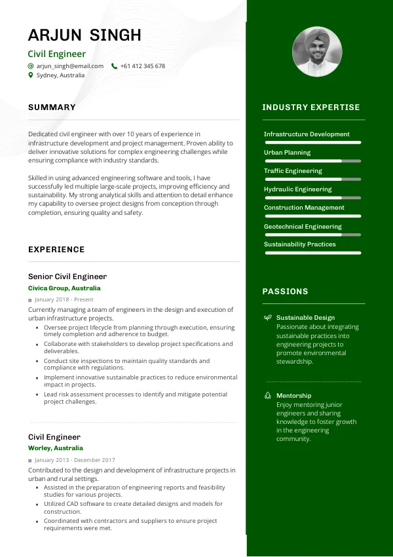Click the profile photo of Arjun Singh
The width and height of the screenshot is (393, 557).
[316, 52]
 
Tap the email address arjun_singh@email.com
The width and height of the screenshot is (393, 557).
[69, 66]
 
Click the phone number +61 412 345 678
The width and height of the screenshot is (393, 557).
[142, 66]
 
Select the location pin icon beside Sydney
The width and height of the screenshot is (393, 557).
[31, 75]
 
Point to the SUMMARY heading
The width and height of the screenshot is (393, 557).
[52, 107]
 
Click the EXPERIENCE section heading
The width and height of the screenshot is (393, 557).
[56, 250]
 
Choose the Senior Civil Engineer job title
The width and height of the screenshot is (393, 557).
[67, 277]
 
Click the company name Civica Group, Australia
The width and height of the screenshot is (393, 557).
[64, 288]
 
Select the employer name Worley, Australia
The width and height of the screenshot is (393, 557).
[56, 448]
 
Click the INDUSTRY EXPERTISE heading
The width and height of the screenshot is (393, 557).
[311, 107]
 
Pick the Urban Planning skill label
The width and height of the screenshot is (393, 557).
[287, 153]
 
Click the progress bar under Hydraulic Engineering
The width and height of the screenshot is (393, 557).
[312, 197]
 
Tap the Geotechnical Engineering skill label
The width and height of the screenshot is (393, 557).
[303, 227]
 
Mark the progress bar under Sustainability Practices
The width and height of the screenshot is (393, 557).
[312, 252]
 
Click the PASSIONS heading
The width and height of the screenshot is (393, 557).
[285, 292]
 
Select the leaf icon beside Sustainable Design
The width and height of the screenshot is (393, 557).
[267, 318]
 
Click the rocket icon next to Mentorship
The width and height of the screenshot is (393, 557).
[267, 396]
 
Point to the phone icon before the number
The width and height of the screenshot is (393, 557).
[115, 66]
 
